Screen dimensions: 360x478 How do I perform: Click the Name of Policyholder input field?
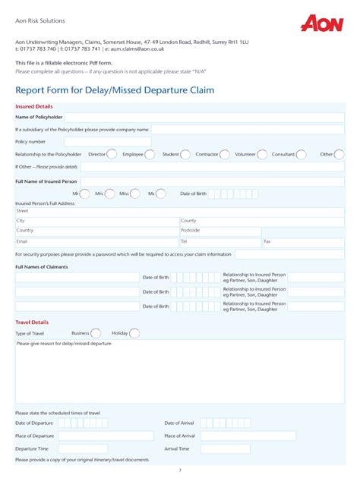point(204,118)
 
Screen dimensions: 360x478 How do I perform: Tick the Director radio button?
point(112,154)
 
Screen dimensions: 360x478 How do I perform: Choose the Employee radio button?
point(149,154)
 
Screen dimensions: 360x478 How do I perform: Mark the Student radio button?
point(186,154)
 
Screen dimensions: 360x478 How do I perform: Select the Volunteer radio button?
point(263,154)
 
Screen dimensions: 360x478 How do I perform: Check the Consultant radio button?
point(301,154)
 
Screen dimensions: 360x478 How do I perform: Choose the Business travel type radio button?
point(96,333)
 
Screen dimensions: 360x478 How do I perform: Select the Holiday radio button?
point(134,333)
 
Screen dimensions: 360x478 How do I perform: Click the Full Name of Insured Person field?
point(212,182)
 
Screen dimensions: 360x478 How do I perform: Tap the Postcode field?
point(219,231)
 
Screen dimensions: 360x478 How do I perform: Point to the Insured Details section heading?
point(34,107)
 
